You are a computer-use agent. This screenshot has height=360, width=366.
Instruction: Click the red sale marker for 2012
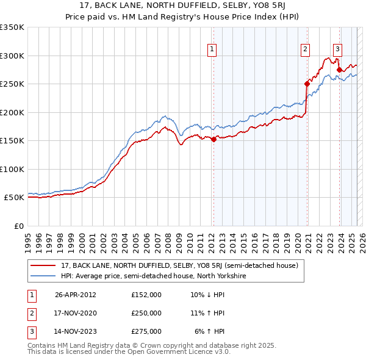(213, 140)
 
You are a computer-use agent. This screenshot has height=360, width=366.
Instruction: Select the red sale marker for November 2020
(307, 84)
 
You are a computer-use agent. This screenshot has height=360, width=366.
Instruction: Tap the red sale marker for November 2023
(339, 70)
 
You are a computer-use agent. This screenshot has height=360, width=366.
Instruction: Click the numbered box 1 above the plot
(212, 50)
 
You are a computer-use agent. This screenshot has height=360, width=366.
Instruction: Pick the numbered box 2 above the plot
(305, 50)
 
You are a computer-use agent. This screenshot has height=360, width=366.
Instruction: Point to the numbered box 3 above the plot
(337, 50)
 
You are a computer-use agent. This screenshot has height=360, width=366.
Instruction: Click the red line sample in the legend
(43, 266)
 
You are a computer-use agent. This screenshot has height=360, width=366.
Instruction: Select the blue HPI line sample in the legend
(43, 276)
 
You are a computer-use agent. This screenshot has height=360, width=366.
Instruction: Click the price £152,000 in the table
(146, 294)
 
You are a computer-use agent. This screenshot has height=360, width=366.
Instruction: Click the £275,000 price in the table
(146, 331)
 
